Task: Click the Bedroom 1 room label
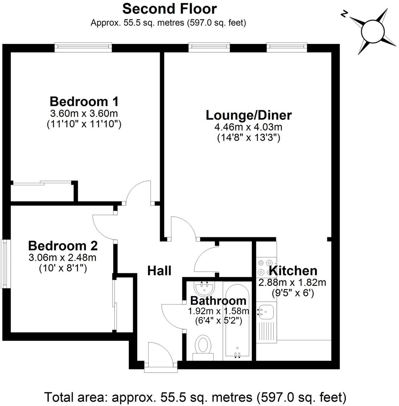tap(84, 102)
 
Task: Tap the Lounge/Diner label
tap(248, 115)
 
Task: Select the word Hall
tap(159, 271)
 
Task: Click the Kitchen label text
tap(293, 271)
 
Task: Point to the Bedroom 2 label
tap(63, 246)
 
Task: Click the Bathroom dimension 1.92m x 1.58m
tap(218, 311)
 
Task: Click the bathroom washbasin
tap(205, 288)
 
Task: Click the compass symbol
tap(372, 31)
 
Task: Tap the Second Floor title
tap(169, 9)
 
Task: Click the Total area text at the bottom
tap(195, 397)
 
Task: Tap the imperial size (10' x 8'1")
tap(63, 268)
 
